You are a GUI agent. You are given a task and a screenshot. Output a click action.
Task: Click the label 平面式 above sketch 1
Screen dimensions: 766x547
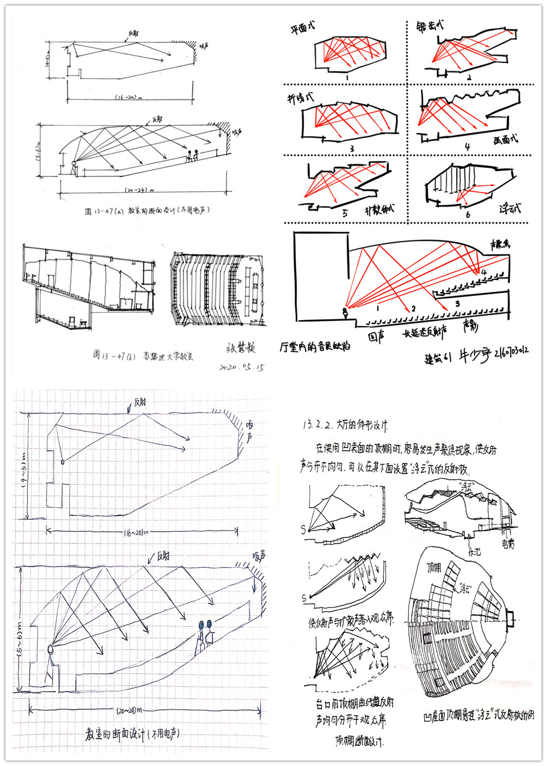point(302,28)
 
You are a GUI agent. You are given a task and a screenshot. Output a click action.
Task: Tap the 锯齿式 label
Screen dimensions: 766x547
point(430,26)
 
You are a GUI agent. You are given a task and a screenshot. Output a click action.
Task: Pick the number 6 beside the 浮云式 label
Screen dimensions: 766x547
point(468,215)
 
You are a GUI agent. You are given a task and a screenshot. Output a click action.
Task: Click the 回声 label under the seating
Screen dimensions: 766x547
point(376,337)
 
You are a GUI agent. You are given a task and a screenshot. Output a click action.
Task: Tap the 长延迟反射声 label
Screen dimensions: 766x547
point(425,333)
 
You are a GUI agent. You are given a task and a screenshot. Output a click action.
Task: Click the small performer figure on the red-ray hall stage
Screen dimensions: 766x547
point(344,313)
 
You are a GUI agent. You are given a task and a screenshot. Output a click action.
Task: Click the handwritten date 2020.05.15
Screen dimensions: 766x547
point(241,367)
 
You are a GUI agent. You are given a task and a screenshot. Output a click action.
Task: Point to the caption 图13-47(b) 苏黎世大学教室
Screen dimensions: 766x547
point(142,356)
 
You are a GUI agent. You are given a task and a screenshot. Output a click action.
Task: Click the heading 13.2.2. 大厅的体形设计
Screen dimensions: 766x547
point(345,425)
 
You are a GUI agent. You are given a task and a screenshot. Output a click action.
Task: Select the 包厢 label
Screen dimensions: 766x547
point(507,544)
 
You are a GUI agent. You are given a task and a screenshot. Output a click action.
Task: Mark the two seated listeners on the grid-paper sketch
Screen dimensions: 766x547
point(204,634)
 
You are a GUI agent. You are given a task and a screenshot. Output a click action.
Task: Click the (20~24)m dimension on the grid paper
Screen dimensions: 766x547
point(129,710)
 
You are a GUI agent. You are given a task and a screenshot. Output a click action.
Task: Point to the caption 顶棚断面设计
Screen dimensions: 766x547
point(359,740)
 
